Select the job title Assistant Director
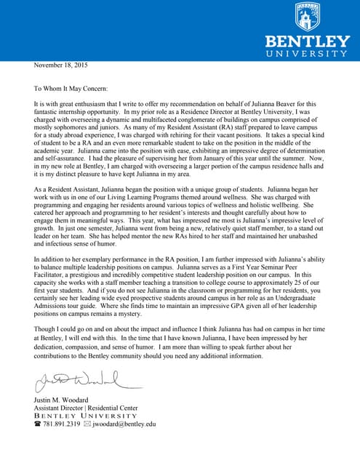pos(61,408)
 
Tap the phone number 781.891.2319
pos(63,424)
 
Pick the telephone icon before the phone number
pos(38,424)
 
